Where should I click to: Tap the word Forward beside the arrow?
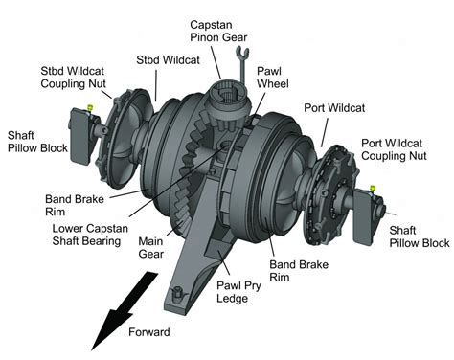149,332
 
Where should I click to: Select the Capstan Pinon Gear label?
218,31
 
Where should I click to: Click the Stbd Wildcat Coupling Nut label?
73,78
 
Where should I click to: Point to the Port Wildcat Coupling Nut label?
394,149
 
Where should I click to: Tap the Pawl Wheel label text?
273,78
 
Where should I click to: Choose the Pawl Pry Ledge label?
238,292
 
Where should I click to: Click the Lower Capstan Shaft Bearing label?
90,235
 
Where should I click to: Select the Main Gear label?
151,247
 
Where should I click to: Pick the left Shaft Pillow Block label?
37,142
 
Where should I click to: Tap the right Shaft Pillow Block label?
420,236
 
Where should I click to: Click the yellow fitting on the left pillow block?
90,107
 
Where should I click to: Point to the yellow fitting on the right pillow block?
372,189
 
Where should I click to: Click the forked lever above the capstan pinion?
242,64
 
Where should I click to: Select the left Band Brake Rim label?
75,205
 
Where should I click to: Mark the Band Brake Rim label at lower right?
299,271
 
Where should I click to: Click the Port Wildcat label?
334,107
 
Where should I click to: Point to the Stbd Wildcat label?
168,59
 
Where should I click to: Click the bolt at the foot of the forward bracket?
176,293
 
